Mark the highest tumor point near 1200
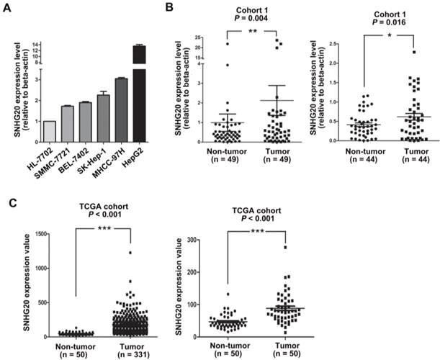pyautogui.click(x=130, y=253)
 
